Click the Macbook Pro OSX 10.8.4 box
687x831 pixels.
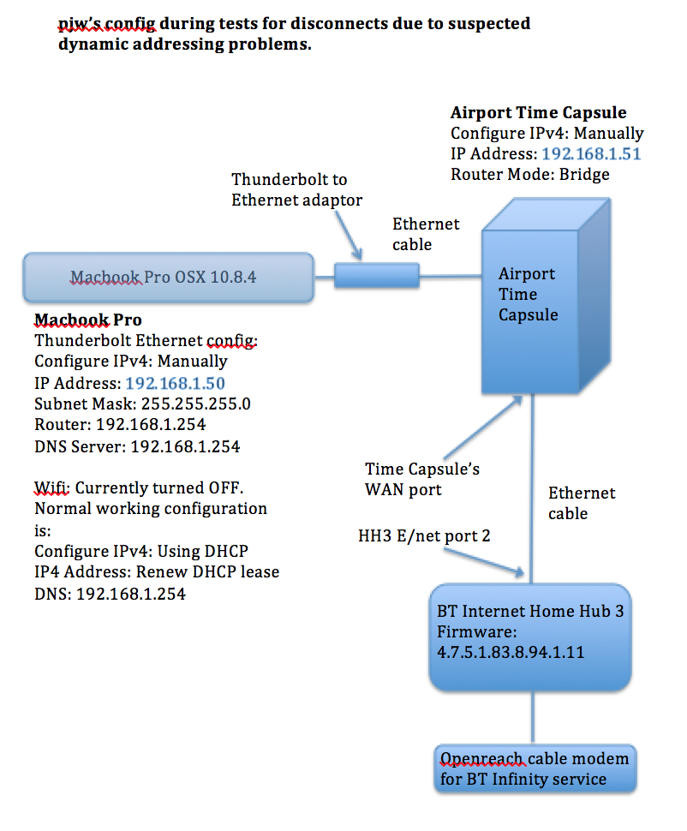[x=168, y=278]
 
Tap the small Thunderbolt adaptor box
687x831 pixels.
[x=376, y=276]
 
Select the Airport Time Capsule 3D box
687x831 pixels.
[x=548, y=300]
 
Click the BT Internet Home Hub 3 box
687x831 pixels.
[x=529, y=637]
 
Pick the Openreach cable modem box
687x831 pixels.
[x=535, y=768]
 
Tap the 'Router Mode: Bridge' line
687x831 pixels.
[x=530, y=175]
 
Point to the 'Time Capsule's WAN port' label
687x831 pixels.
[x=422, y=479]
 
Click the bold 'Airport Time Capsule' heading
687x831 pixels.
[x=538, y=113]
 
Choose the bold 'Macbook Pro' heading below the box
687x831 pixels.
[x=82, y=320]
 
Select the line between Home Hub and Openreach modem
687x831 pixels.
[x=535, y=717]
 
